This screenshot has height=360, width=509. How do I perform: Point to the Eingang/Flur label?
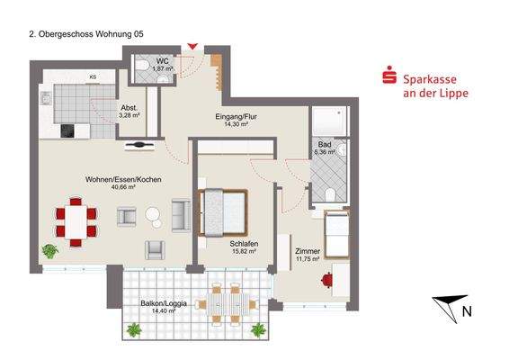point(236,118)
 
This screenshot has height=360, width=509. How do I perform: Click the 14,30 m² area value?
point(236,126)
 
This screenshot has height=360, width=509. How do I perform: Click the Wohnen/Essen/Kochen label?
point(122,180)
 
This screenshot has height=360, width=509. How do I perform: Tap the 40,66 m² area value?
point(122,188)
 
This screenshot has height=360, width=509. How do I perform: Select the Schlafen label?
point(244,244)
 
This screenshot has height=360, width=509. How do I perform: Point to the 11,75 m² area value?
point(308,260)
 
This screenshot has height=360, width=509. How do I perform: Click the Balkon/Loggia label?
point(157,302)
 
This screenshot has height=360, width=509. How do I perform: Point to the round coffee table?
point(152,216)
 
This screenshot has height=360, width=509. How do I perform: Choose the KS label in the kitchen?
point(93,77)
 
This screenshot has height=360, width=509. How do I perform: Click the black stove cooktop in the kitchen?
point(68,130)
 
